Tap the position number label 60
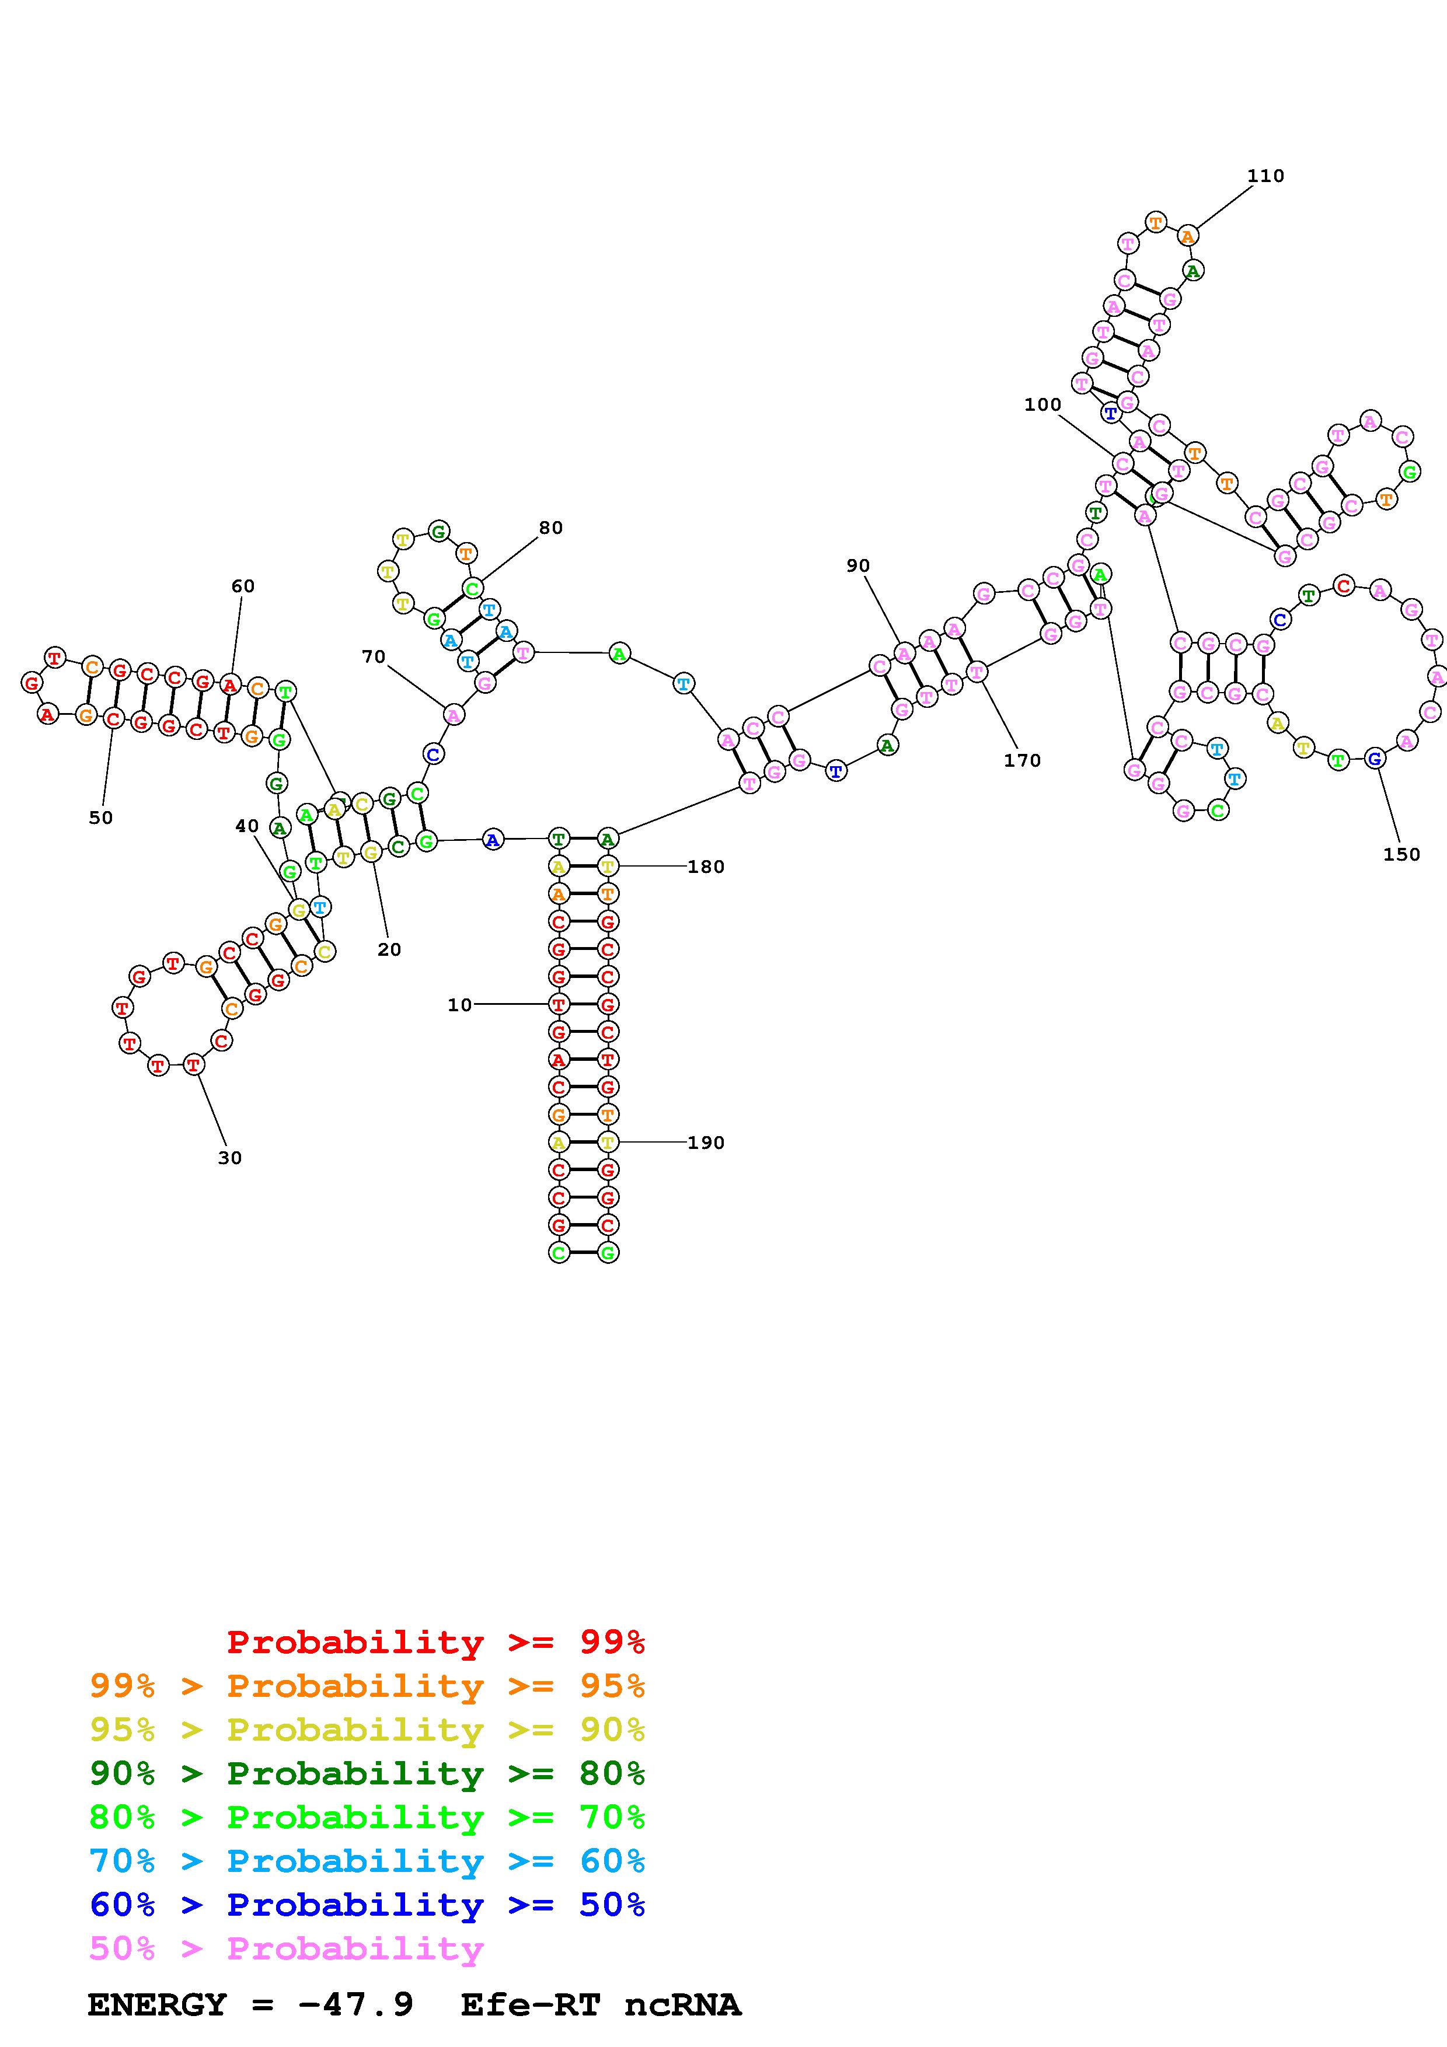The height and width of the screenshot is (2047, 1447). coord(242,586)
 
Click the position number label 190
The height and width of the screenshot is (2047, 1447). coord(705,1143)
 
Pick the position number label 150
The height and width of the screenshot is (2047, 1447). coord(1401,854)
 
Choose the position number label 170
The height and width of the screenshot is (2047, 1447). coord(1021,760)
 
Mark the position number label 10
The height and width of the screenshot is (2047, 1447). coord(459,1005)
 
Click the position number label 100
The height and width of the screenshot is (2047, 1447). coord(1042,405)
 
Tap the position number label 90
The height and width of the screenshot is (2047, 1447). coord(857,565)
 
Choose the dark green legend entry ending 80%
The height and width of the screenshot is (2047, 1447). coord(367,1774)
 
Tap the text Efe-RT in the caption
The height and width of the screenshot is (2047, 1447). coord(529,2005)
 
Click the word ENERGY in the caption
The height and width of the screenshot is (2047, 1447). coord(157,2005)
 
